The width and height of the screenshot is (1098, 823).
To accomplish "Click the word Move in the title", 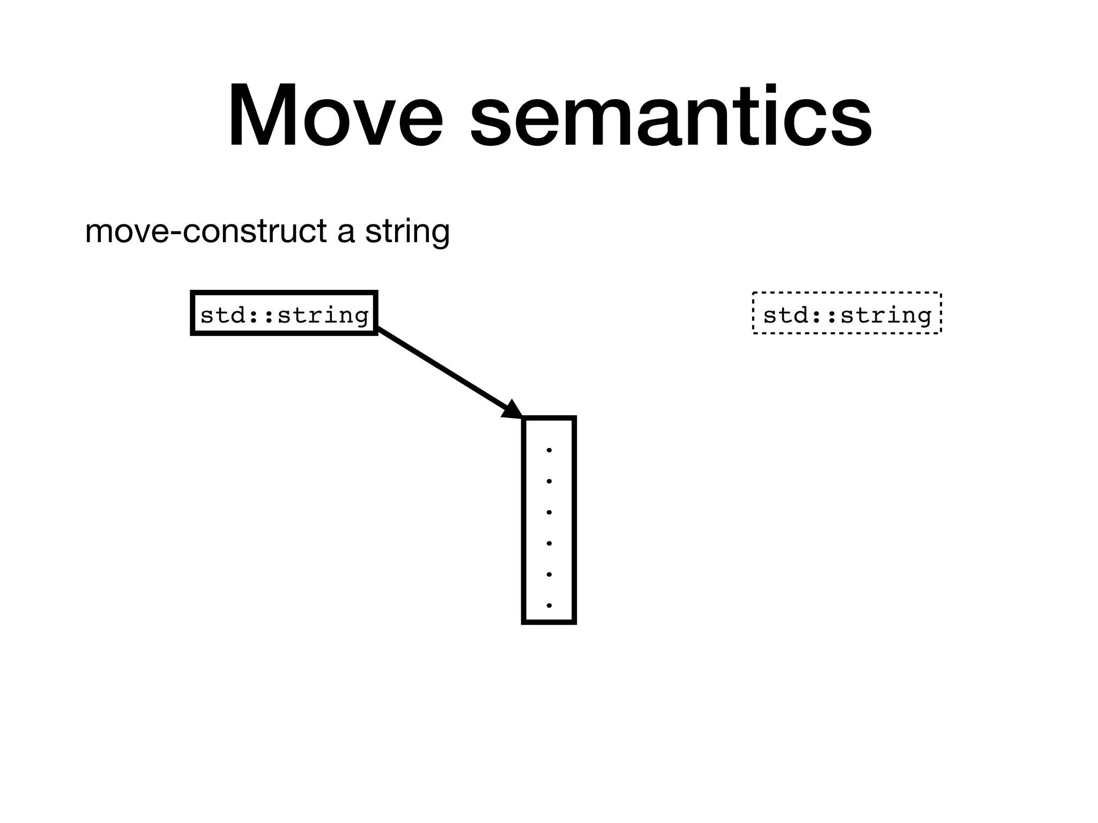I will [x=335, y=115].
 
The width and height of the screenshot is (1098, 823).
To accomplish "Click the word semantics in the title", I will [x=671, y=115].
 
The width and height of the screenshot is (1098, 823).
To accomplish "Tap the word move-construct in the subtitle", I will [x=206, y=231].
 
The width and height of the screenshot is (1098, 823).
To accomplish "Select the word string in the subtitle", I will [x=407, y=231].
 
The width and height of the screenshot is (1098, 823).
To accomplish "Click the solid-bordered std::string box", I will [x=284, y=313].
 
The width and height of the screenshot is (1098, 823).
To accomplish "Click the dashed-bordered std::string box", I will [x=847, y=313].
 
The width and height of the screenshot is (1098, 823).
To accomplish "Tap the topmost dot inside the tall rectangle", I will [x=549, y=450].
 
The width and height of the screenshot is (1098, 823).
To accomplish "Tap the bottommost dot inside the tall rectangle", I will [x=549, y=605].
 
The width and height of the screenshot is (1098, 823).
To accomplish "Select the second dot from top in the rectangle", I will [x=549, y=481].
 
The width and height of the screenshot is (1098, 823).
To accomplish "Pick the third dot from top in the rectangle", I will [x=549, y=512].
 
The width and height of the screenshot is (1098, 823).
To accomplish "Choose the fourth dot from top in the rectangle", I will [x=549, y=543].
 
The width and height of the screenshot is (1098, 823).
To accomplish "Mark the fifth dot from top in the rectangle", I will [x=549, y=574].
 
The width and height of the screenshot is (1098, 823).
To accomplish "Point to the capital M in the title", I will [x=262, y=115].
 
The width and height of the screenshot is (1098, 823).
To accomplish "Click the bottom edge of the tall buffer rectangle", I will [x=549, y=622].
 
